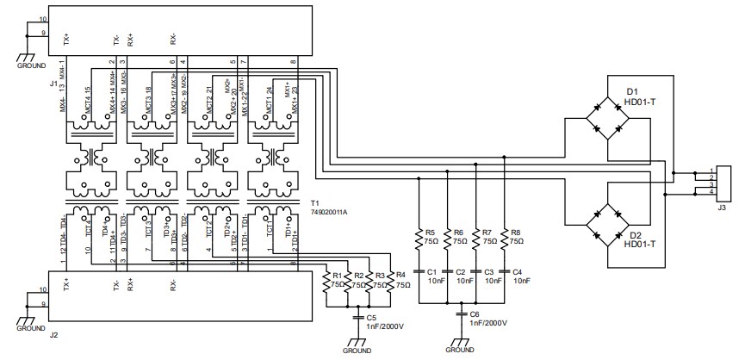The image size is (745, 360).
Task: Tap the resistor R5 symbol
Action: tap(419, 238)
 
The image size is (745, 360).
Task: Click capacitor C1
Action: tap(419, 271)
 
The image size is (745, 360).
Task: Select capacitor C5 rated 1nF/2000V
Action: tap(359, 318)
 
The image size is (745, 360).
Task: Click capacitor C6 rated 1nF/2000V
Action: tap(462, 316)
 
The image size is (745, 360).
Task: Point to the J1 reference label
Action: tap(53, 84)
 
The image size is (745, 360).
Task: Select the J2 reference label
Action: tap(53, 335)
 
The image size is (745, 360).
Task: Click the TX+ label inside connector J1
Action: tap(67, 39)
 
